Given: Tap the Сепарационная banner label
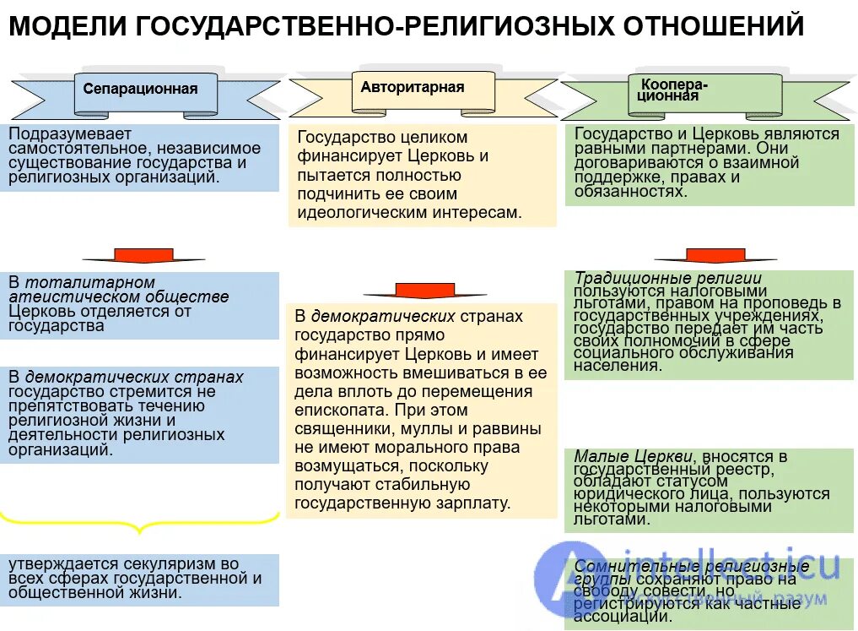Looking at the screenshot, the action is coord(140,89).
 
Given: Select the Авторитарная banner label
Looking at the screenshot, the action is coord(413,87).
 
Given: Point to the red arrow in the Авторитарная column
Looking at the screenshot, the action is coord(413,290).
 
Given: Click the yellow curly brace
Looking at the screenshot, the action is coord(139,519).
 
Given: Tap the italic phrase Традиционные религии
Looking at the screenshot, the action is coord(668,278).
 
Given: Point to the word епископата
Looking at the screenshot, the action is coord(333,411).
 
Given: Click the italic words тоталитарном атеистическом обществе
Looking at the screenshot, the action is coord(118,290).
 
